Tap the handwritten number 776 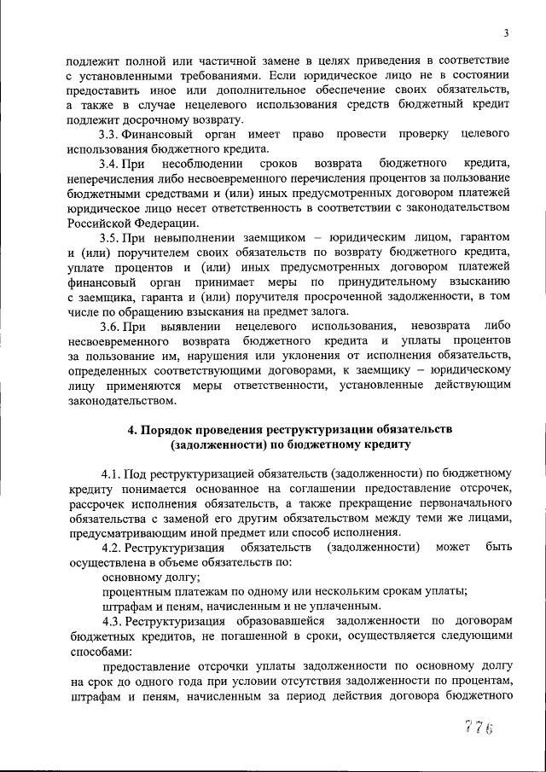click(479, 726)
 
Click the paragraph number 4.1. click(112, 473)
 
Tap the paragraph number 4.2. click(112, 546)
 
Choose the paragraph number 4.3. click(112, 620)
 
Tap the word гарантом click(481, 235)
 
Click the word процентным click(138, 590)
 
